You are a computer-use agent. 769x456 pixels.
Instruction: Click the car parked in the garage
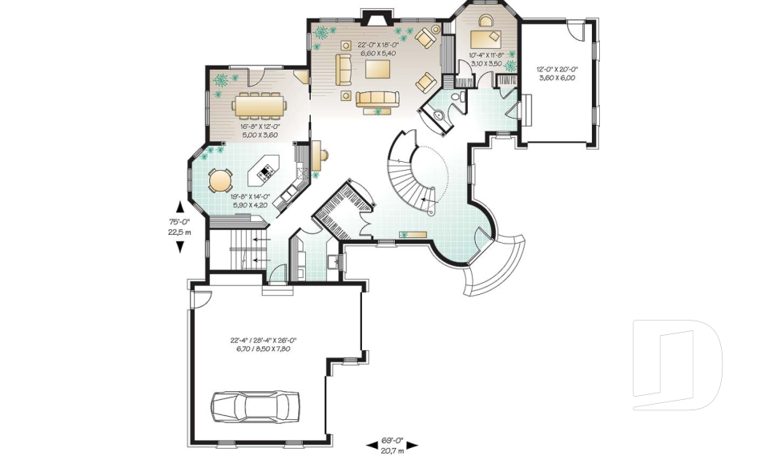(x=255, y=406)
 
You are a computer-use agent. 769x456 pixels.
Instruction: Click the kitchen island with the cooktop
(x=266, y=169)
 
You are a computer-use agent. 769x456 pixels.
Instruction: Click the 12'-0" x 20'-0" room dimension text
(x=558, y=73)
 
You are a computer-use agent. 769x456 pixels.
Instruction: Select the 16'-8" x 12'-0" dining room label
(x=256, y=130)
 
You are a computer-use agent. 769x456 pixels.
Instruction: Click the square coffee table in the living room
(x=378, y=70)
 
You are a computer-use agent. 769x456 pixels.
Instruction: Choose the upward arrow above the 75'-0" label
(x=179, y=205)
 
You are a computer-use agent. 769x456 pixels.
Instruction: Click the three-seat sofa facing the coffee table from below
(x=378, y=99)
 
